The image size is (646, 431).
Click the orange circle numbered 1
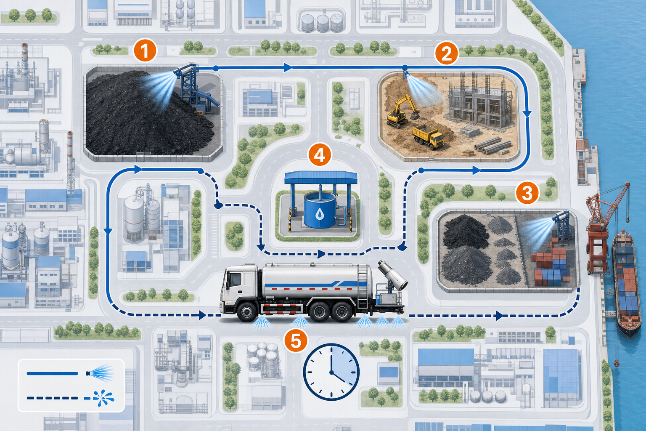[x=145, y=51]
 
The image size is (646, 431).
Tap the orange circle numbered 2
[x=446, y=53]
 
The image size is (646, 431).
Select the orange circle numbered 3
[x=527, y=192]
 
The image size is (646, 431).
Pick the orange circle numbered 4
[x=320, y=155]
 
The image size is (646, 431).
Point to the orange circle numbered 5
[x=296, y=341]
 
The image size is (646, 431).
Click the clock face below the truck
[x=331, y=372]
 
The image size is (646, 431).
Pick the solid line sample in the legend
[x=52, y=374]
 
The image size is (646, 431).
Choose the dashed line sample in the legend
[x=52, y=398]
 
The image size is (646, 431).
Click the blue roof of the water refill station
[x=321, y=177]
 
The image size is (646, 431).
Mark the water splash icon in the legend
[x=102, y=398]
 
